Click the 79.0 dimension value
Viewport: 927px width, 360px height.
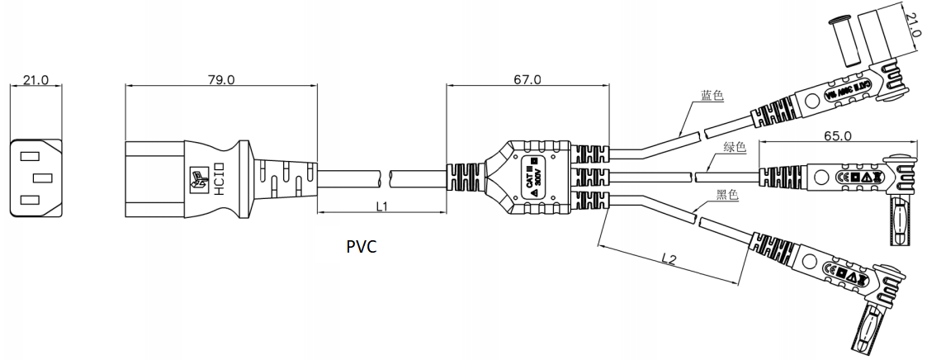[221, 80]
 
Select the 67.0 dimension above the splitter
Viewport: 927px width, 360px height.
[527, 80]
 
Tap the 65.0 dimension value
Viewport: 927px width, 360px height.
[837, 134]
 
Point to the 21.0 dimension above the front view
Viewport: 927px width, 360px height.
[35, 80]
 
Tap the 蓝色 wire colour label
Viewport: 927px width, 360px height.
[712, 96]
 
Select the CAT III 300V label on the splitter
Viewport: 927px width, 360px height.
[532, 178]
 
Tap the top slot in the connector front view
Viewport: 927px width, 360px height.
[29, 154]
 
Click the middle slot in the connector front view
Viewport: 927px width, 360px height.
[40, 178]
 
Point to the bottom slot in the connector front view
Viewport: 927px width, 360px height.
[29, 200]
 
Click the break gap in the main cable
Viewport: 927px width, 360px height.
[385, 177]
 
